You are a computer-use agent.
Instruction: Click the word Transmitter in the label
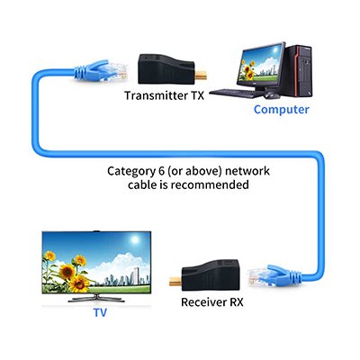click(x=156, y=95)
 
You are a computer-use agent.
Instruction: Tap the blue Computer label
click(x=281, y=110)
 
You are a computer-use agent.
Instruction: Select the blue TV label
click(x=100, y=312)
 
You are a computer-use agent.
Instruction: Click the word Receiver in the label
click(x=203, y=302)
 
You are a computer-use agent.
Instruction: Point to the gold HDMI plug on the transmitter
click(x=201, y=76)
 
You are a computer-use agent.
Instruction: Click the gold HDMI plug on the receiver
click(x=175, y=282)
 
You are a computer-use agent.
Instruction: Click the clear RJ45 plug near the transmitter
click(x=118, y=72)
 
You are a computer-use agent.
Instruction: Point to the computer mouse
click(x=272, y=95)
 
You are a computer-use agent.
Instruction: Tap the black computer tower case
click(x=298, y=70)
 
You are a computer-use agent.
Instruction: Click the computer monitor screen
click(x=261, y=64)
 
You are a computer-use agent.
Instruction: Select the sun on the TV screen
click(x=135, y=239)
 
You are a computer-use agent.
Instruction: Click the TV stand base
click(x=96, y=299)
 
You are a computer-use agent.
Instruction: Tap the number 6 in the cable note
click(x=161, y=171)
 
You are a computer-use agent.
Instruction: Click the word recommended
click(x=210, y=184)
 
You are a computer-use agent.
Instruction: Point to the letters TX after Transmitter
click(x=196, y=95)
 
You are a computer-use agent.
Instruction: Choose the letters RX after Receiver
click(x=237, y=302)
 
